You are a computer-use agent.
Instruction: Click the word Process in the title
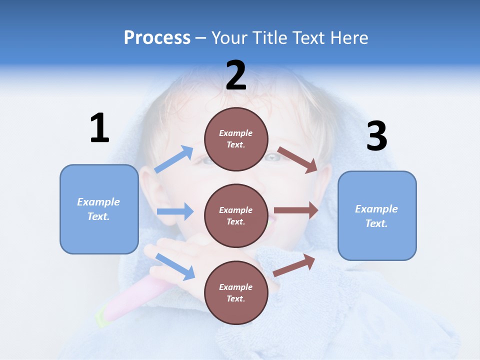(x=157, y=38)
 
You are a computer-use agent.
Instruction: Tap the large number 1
(x=99, y=128)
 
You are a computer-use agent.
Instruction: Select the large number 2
(x=236, y=75)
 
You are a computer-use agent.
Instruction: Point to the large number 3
(x=376, y=136)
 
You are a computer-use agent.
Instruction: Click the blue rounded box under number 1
(x=99, y=209)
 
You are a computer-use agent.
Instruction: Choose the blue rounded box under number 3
(x=377, y=215)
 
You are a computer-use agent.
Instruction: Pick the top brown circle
(x=236, y=139)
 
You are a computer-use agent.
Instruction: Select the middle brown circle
(x=236, y=215)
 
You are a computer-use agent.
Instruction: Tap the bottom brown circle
(x=236, y=292)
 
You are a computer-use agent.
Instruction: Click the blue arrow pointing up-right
(x=174, y=159)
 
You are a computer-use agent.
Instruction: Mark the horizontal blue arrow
(x=175, y=211)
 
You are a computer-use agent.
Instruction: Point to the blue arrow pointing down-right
(x=175, y=266)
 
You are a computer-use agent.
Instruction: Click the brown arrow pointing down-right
(x=297, y=160)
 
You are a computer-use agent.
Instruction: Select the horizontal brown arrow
(x=296, y=210)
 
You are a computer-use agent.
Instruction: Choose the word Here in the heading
(x=349, y=38)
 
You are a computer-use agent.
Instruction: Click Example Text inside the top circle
(x=236, y=139)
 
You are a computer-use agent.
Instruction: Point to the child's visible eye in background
(x=272, y=157)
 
